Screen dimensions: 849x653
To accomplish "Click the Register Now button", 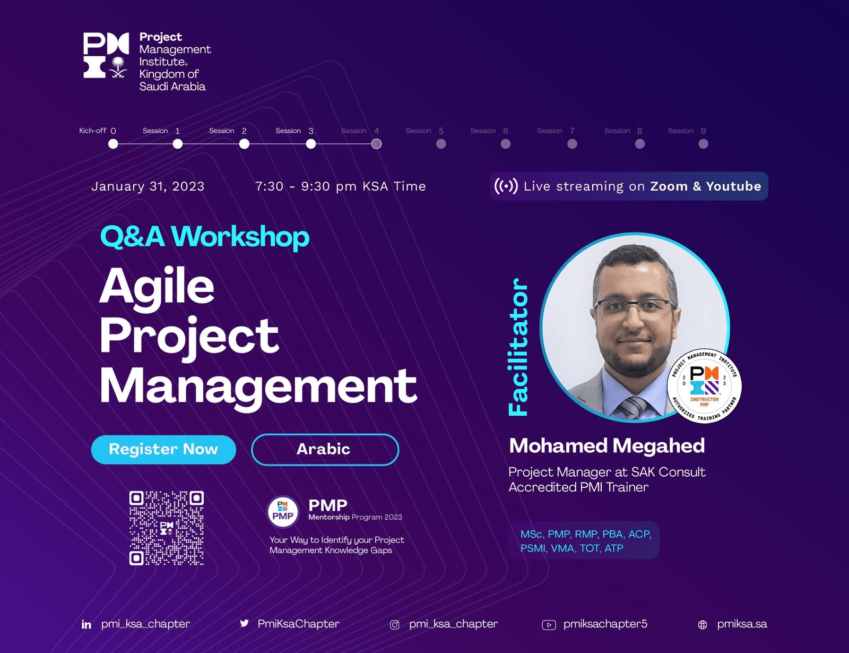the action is point(163,449).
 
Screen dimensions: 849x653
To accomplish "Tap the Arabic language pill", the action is point(325,449).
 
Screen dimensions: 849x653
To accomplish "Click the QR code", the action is point(167,528).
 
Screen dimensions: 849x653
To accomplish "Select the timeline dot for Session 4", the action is point(376,144).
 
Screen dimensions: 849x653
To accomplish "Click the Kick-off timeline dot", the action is point(113,144).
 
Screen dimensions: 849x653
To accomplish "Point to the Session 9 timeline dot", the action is point(703,144).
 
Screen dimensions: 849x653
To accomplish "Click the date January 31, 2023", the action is point(148,186).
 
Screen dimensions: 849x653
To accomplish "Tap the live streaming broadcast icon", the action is point(506,186).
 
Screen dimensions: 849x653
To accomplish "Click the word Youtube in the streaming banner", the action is point(733,186).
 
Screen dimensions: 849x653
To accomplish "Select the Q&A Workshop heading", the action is point(204,237).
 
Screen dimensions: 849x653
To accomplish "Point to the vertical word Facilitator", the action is point(518,347).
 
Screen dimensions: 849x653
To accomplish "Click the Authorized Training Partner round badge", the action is point(704,385).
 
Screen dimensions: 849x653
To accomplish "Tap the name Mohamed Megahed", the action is point(607,445).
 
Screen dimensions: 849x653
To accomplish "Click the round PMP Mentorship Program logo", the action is point(283,512).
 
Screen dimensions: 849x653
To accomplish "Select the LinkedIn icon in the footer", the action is point(86,624).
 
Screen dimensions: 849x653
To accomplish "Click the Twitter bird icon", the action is point(245,623).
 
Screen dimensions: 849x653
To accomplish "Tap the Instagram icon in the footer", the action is point(395,625).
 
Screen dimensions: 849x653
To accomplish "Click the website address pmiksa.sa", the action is point(742,624).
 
